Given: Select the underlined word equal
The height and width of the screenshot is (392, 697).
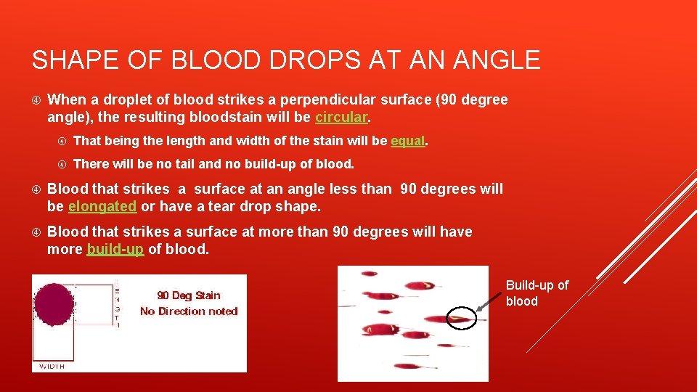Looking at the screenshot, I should pyautogui.click(x=407, y=140).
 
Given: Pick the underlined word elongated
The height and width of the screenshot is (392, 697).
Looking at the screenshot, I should pyautogui.click(x=102, y=206).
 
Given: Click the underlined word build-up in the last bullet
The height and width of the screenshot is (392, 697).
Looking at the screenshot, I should pyautogui.click(x=115, y=249).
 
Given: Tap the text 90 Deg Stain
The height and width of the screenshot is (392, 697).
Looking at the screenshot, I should pyautogui.click(x=188, y=295).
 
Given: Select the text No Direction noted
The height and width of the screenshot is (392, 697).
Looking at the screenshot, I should pyautogui.click(x=189, y=311).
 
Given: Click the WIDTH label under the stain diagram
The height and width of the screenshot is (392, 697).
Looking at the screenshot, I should pyautogui.click(x=52, y=367).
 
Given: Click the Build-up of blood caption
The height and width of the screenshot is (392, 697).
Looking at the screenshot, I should pyautogui.click(x=537, y=293).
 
